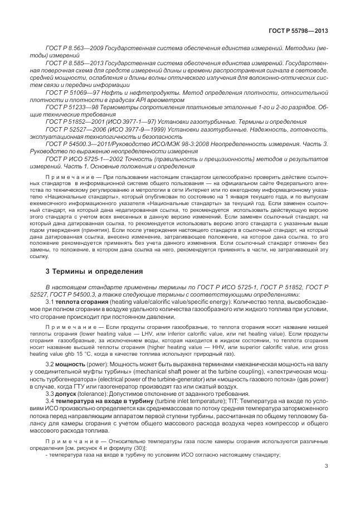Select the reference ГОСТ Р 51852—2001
click(72, 125)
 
